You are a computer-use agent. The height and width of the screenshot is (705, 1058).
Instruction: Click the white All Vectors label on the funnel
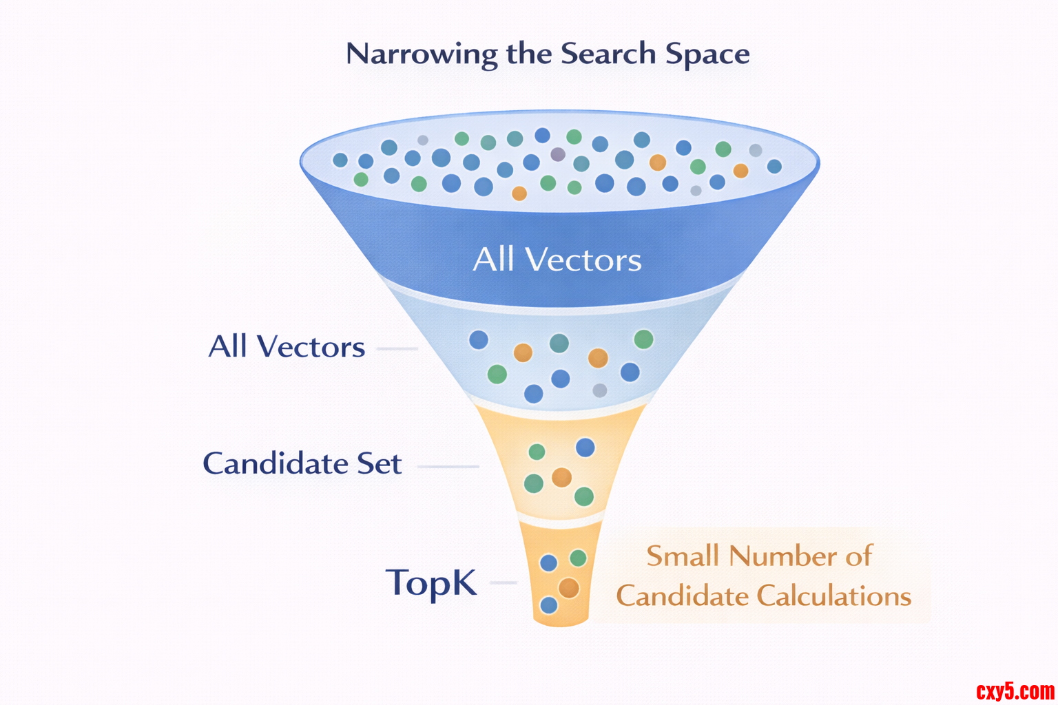(x=557, y=260)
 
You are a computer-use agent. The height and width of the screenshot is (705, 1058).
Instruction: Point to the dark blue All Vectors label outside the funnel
(x=287, y=347)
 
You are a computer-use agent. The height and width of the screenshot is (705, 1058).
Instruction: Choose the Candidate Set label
(x=302, y=463)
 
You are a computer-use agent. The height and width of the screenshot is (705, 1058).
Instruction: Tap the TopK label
(x=431, y=583)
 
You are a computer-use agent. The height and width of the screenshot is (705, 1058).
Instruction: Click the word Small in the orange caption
(x=683, y=556)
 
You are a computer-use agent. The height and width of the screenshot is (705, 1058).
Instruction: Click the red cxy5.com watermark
(x=1015, y=691)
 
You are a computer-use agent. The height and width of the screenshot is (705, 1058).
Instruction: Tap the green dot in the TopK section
(x=578, y=558)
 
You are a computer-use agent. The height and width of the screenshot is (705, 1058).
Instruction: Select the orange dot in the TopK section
(x=568, y=588)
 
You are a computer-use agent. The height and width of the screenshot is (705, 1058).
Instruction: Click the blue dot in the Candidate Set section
(x=585, y=448)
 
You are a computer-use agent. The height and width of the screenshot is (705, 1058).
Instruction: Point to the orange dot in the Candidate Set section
(x=561, y=477)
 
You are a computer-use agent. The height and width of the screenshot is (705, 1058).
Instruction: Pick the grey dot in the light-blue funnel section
(x=600, y=390)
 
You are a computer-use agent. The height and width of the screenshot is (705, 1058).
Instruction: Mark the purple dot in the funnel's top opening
(x=558, y=154)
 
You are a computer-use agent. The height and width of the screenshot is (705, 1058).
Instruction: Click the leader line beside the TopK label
(x=503, y=582)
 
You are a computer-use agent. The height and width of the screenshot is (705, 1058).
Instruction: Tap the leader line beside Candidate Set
(x=448, y=466)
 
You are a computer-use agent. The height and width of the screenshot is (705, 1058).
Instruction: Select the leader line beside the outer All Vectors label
(x=397, y=348)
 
